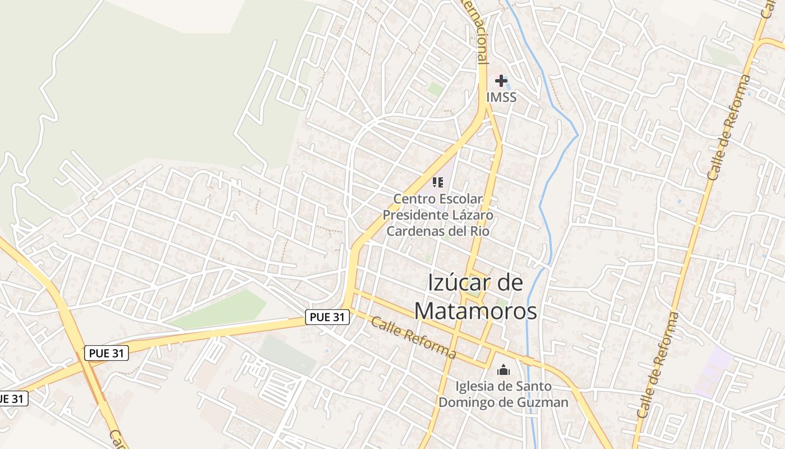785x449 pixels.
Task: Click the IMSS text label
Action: tap(501, 97)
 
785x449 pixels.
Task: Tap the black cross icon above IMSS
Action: tap(501, 81)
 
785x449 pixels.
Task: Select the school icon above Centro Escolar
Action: tap(438, 182)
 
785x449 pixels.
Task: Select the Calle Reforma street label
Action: tap(413, 337)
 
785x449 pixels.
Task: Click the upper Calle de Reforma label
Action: tap(728, 127)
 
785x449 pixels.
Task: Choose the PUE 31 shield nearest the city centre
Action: tap(327, 317)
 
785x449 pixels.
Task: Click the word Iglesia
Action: tap(474, 386)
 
